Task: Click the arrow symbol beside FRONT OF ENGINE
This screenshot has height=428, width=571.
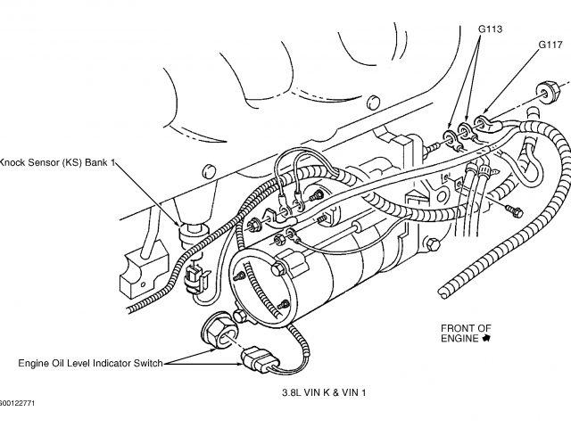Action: point(486,339)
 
